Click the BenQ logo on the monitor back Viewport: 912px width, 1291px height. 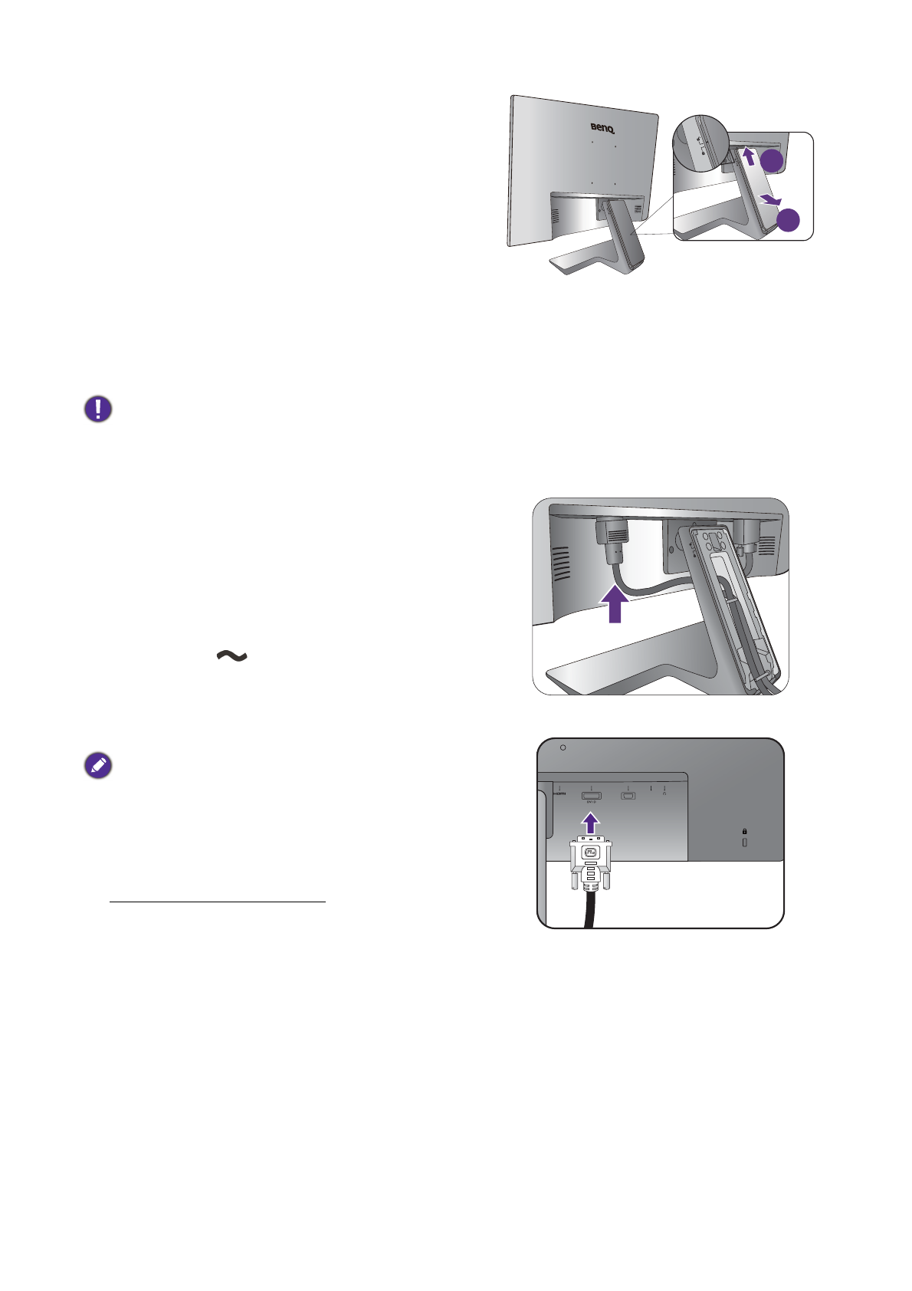(x=603, y=128)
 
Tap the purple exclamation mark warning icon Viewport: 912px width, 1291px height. (x=98, y=409)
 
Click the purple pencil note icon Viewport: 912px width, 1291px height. (x=98, y=765)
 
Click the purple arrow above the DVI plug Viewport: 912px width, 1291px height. (x=589, y=823)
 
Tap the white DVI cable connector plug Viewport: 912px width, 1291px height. (x=590, y=862)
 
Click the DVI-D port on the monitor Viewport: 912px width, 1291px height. (x=591, y=796)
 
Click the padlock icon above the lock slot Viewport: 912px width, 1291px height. (x=744, y=831)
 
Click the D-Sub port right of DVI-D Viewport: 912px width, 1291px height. (x=628, y=796)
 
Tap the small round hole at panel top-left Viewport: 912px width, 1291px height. (x=563, y=747)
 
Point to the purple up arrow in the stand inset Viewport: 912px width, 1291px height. (x=750, y=156)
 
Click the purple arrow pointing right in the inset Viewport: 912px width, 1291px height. (x=770, y=201)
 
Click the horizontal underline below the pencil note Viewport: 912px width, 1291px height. (x=218, y=902)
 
